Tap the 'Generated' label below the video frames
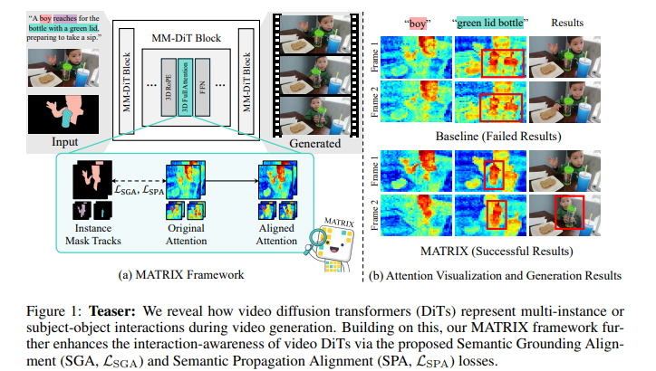point(315,143)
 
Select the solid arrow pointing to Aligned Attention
point(227,179)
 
